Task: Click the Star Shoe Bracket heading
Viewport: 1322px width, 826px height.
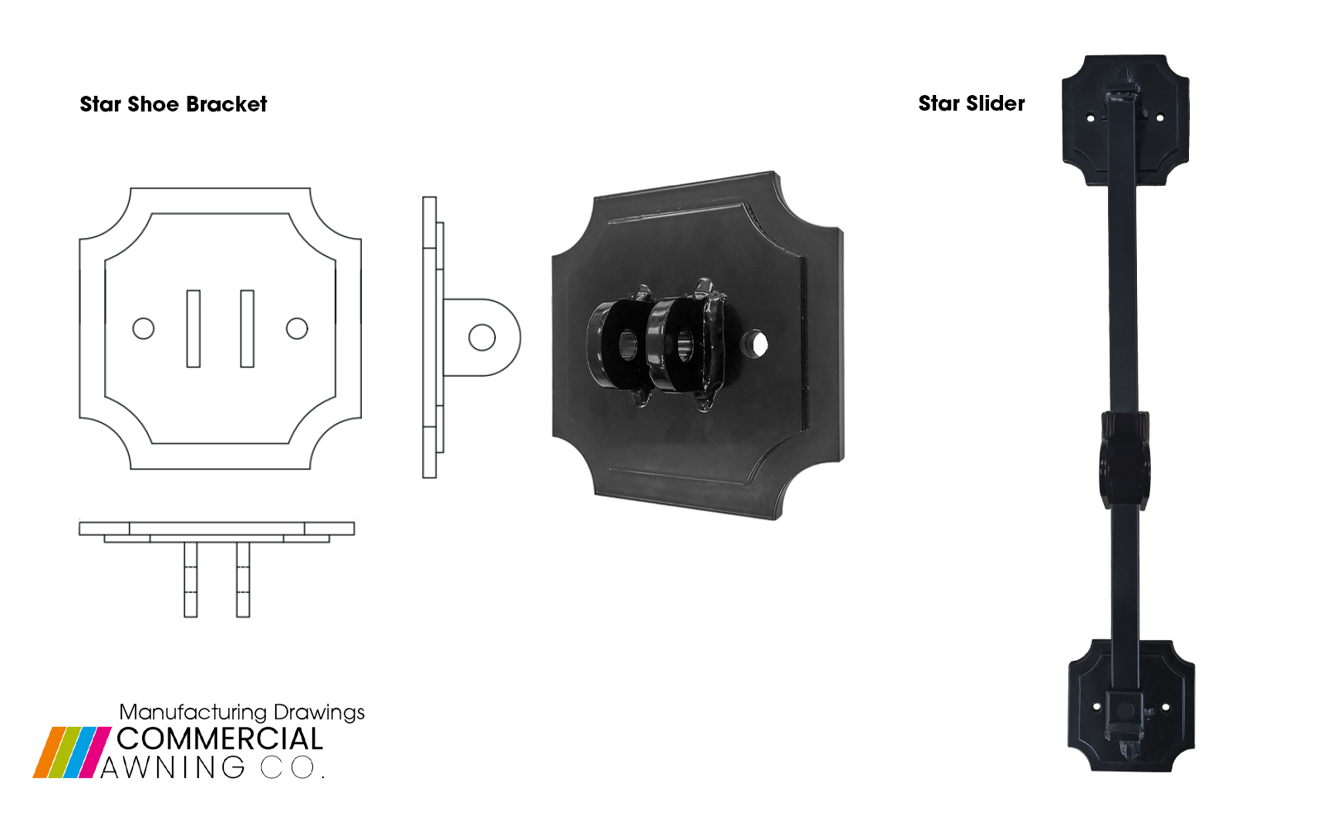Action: click(174, 104)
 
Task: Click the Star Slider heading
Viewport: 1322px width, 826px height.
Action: click(972, 103)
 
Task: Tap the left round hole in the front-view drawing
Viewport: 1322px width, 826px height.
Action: click(144, 329)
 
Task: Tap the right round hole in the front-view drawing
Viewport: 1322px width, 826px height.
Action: click(297, 329)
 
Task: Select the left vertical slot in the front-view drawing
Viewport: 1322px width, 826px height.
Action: click(193, 329)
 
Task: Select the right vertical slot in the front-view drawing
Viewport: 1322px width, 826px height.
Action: click(247, 329)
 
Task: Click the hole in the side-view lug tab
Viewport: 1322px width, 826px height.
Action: click(482, 337)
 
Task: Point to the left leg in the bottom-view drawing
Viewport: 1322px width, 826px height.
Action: click(191, 579)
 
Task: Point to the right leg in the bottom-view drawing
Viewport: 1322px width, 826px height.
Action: click(243, 579)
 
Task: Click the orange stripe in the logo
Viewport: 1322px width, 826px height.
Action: click(49, 752)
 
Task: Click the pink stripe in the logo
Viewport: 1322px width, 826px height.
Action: click(97, 752)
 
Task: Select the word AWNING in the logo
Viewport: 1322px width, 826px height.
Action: click(174, 767)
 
